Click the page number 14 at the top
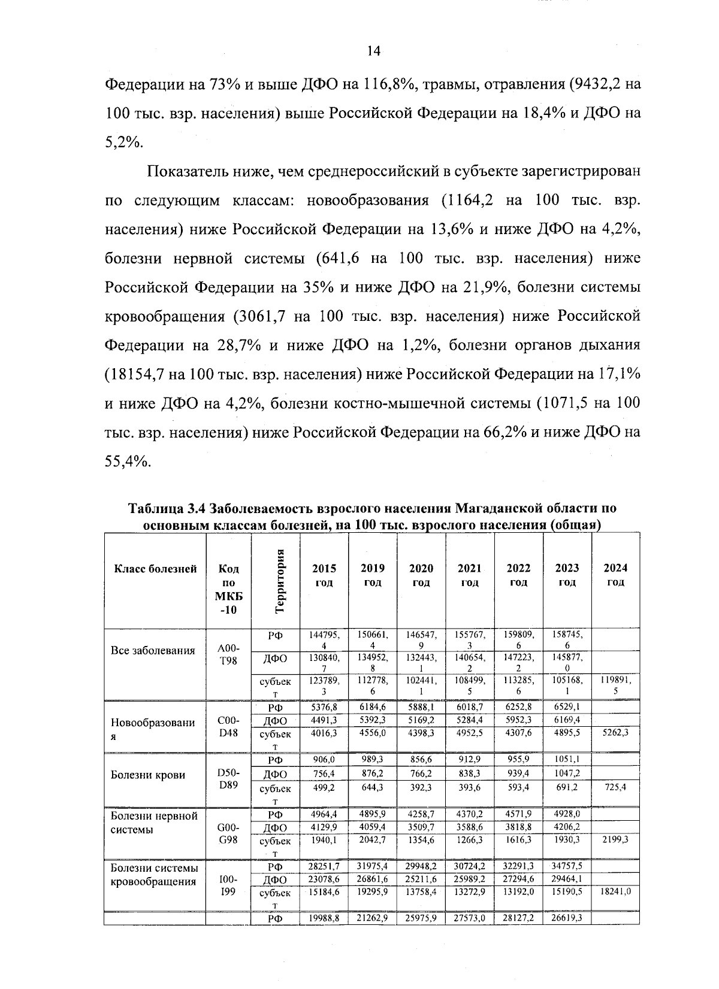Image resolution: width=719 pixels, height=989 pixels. tap(373, 51)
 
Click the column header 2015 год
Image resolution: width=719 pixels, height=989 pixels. tap(324, 575)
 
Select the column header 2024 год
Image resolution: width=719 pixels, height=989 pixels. tap(615, 575)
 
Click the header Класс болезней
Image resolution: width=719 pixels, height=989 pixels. tap(155, 569)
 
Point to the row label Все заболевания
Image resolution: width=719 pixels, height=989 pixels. tap(153, 651)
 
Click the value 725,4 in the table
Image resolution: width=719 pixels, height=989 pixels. tap(615, 787)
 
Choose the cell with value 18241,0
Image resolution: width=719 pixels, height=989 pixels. tap(615, 891)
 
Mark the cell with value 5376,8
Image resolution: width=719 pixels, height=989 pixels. tap(324, 707)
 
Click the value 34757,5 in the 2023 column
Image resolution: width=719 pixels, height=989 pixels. tap(567, 866)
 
